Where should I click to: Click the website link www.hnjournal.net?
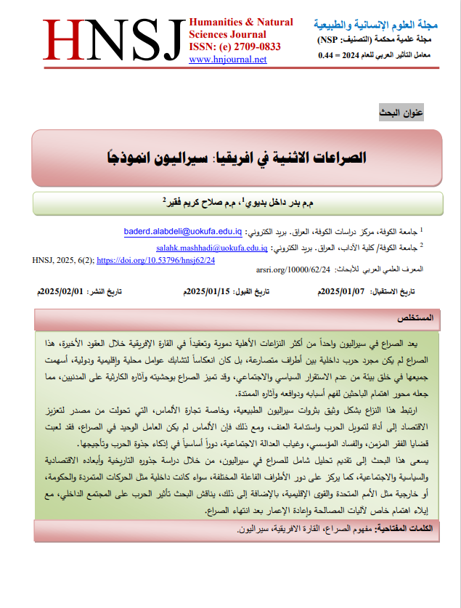[227, 60]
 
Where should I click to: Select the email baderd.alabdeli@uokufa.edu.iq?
[183, 232]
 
